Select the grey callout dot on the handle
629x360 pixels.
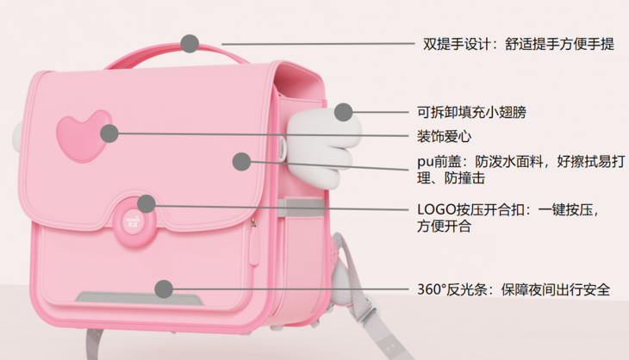point(190,42)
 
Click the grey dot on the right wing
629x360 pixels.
point(344,111)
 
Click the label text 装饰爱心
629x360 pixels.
point(445,136)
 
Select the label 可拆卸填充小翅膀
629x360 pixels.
point(470,112)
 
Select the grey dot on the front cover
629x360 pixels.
point(241,160)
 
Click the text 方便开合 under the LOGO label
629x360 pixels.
point(445,227)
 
